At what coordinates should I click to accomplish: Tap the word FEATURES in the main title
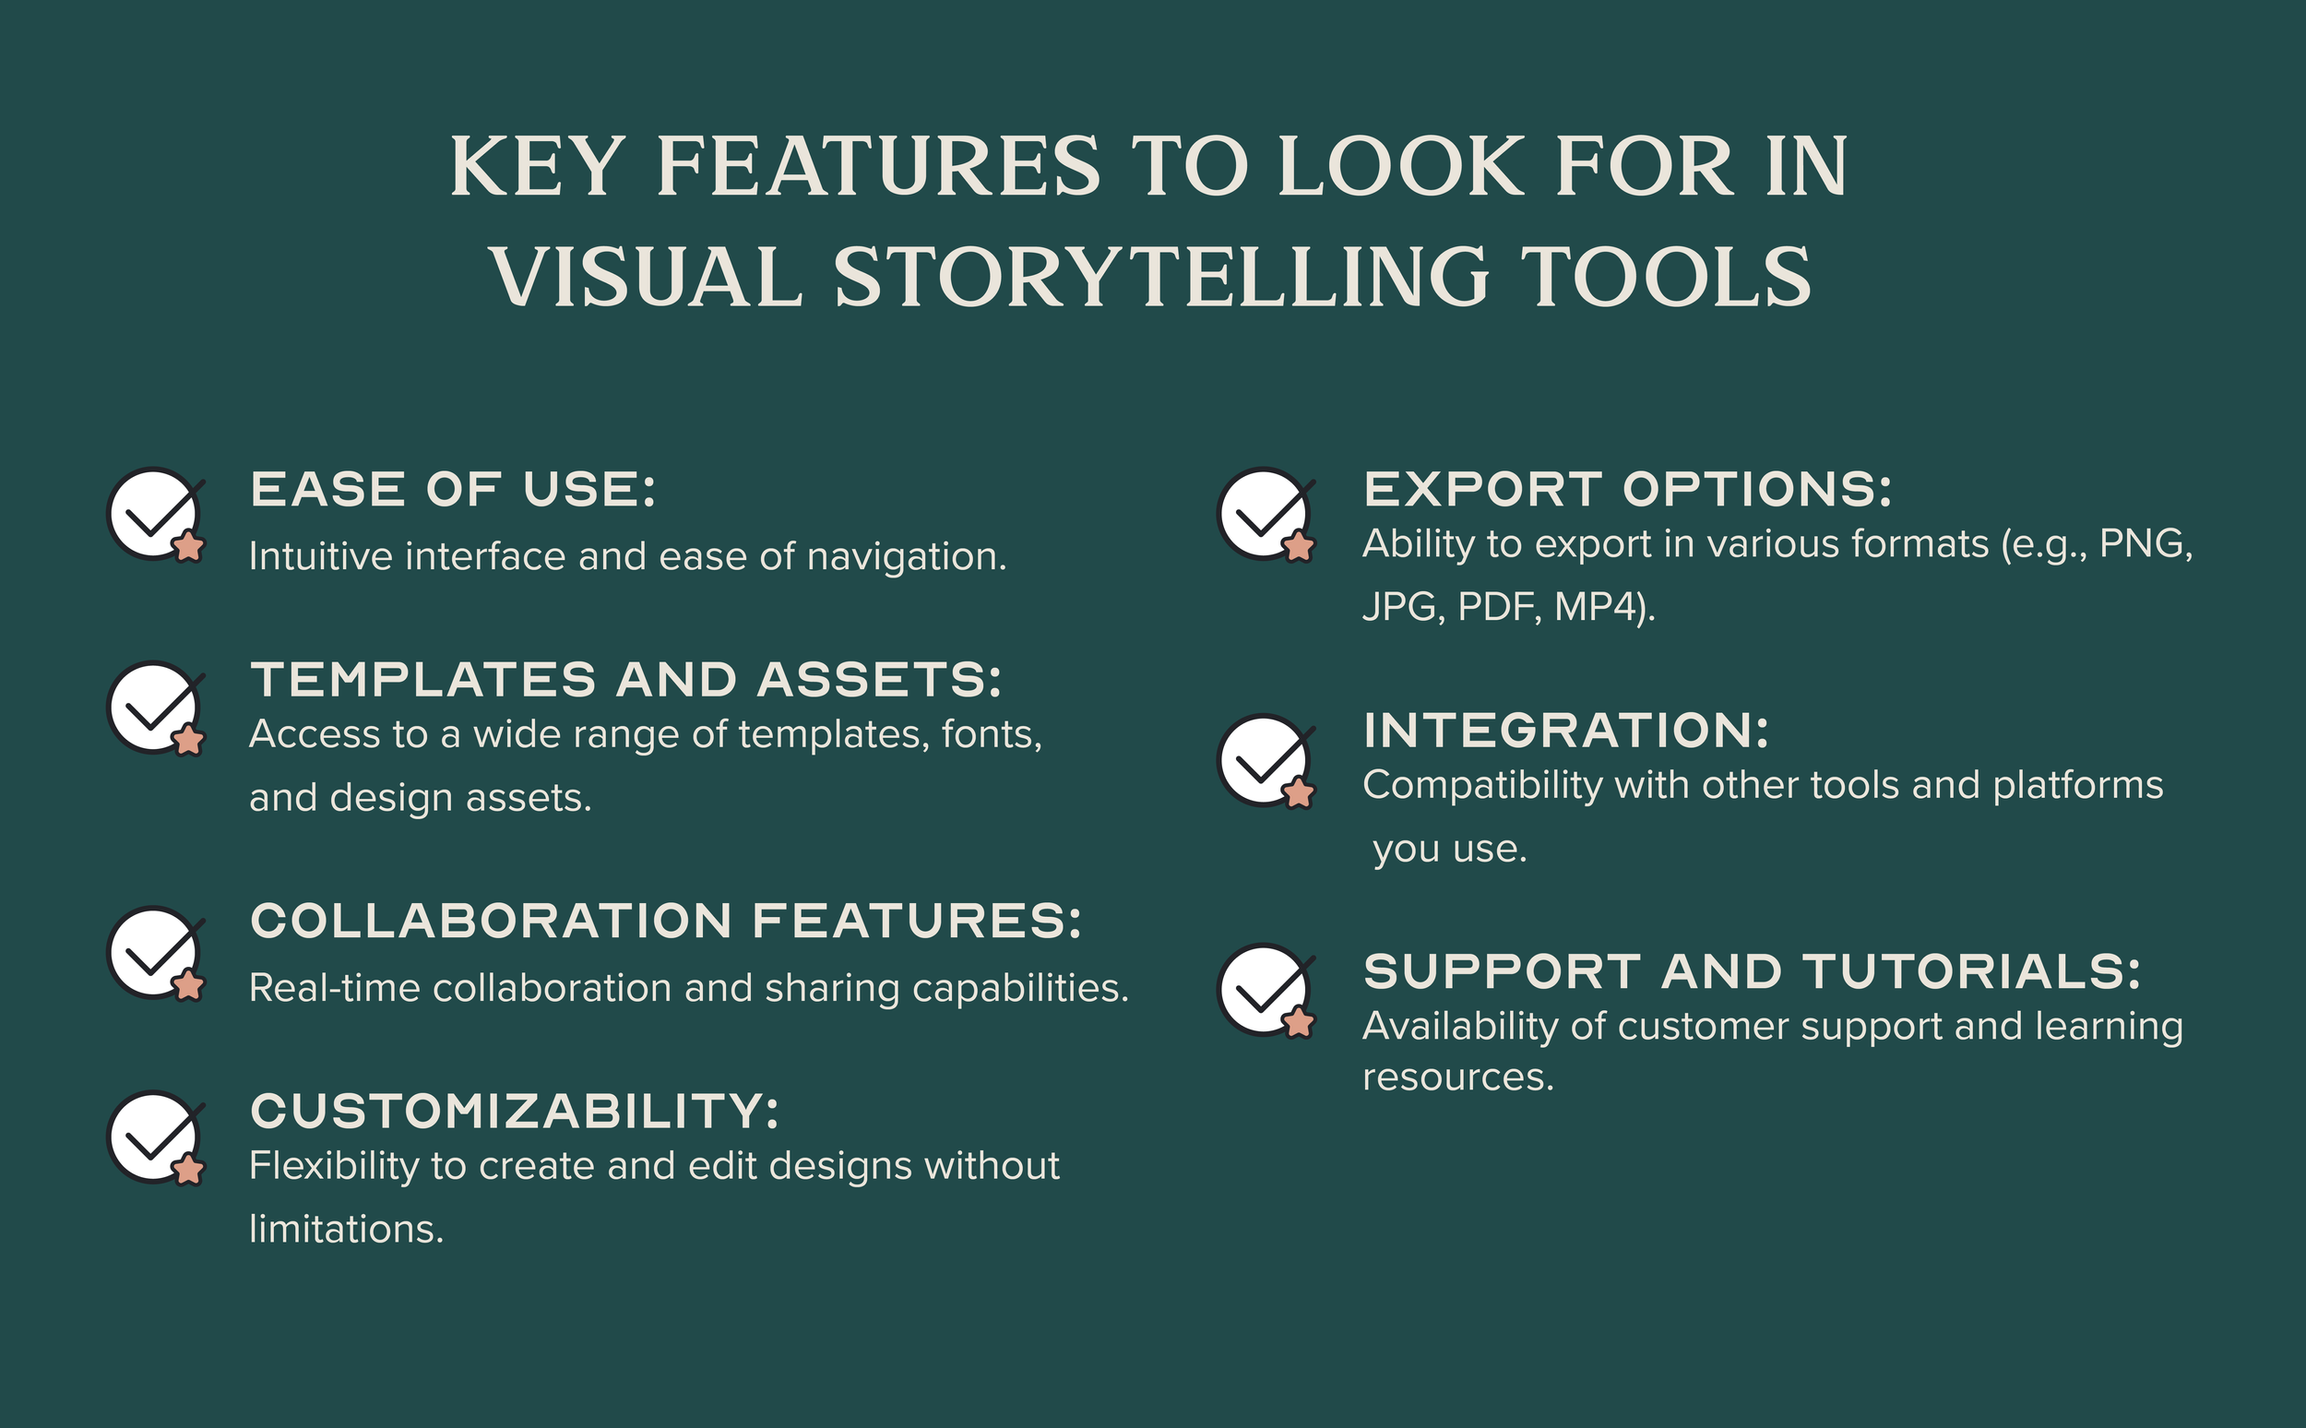pos(878,167)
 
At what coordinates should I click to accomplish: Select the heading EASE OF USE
pos(452,489)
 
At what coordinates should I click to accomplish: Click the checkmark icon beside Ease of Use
pos(155,515)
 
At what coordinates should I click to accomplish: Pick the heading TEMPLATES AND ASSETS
pos(625,680)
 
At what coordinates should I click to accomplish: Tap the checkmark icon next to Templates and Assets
pos(155,708)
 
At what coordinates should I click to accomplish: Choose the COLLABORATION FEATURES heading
pos(666,921)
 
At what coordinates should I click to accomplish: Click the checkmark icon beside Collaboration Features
pos(155,953)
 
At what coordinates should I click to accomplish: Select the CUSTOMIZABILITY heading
pos(515,1111)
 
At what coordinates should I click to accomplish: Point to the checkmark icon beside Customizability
pos(155,1137)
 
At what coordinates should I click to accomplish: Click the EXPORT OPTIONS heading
pos(1628,489)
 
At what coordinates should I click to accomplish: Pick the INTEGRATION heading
pos(1565,731)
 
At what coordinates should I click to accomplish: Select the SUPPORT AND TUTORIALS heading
pos(1752,972)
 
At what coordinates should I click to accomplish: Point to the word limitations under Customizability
pos(346,1230)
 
